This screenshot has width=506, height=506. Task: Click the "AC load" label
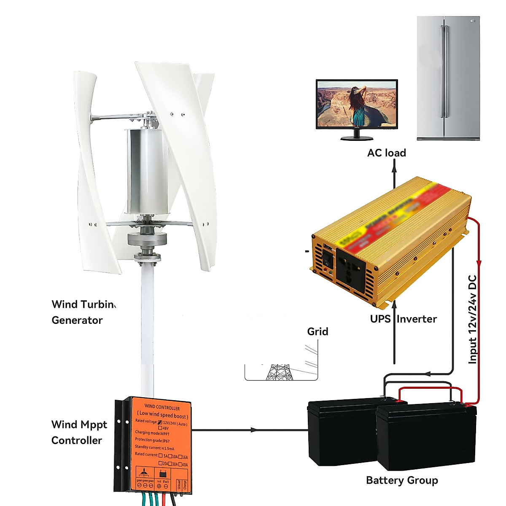pos(386,153)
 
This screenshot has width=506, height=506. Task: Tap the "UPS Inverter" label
pos(403,319)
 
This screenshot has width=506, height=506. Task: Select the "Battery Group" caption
pos(402,480)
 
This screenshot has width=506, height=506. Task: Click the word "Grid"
pos(318,332)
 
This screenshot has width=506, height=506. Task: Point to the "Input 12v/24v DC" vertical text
pos(473,319)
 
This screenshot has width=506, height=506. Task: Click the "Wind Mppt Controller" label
pos(79,432)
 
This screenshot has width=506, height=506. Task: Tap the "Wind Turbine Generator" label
pos(83,312)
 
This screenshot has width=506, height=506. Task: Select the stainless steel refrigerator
pos(448,78)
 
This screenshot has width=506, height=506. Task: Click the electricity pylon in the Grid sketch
pos(279,372)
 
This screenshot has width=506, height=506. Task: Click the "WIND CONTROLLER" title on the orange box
pos(162,407)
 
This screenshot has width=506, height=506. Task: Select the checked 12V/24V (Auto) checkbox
pos(160,423)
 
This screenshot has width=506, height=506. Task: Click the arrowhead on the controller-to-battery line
pos(253,430)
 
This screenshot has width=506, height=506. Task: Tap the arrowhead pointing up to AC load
pos(394,168)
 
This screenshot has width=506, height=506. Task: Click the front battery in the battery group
pos(426,436)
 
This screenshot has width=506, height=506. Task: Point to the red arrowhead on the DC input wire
pos(479,263)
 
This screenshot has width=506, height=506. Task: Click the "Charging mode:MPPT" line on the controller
pos(152,433)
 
